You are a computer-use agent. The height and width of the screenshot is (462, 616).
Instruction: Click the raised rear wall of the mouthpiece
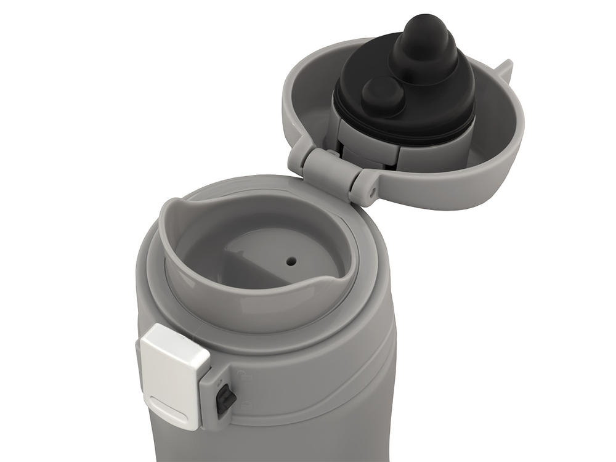tap(179, 216)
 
